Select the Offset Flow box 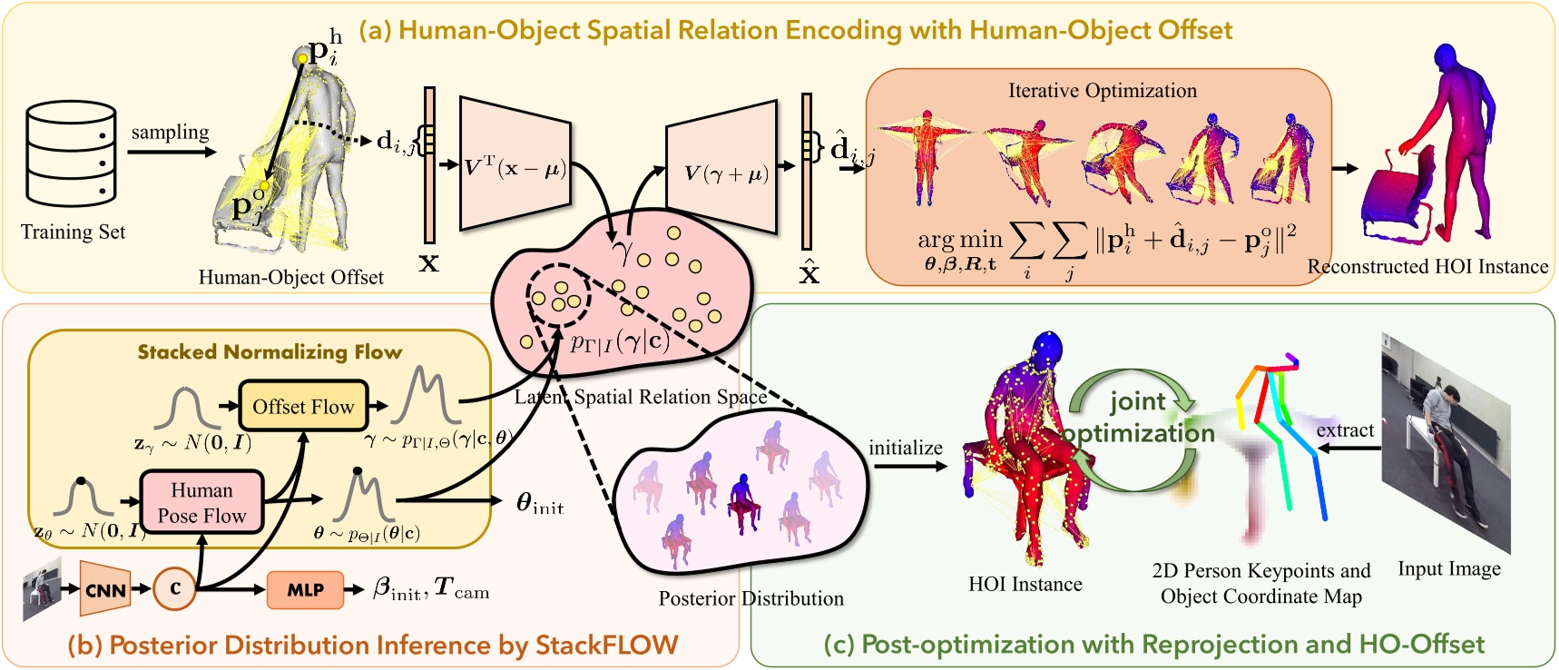pyautogui.click(x=303, y=406)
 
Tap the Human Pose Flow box pyautogui.click(x=201, y=502)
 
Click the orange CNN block pyautogui.click(x=105, y=589)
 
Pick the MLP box pyautogui.click(x=306, y=589)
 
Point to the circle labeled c pyautogui.click(x=175, y=588)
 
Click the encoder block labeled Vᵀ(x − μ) pyautogui.click(x=515, y=166)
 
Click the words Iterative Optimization pyautogui.click(x=1102, y=91)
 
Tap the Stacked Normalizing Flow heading pyautogui.click(x=270, y=352)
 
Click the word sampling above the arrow pyautogui.click(x=170, y=133)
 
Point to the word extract pyautogui.click(x=1345, y=430)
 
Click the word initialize pyautogui.click(x=905, y=448)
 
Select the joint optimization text pyautogui.click(x=1138, y=417)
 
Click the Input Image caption pyautogui.click(x=1448, y=569)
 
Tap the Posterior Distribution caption pyautogui.click(x=750, y=598)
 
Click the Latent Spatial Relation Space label pyautogui.click(x=641, y=397)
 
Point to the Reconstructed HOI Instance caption pyautogui.click(x=1427, y=266)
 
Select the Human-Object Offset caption pyautogui.click(x=290, y=277)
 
